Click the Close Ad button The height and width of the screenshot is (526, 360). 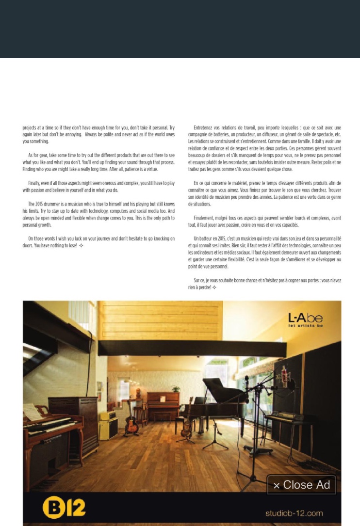tap(301, 485)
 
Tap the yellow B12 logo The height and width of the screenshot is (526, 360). tap(64, 508)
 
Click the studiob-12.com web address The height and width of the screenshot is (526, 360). tap(294, 513)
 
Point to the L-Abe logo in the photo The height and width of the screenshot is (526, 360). tap(305, 319)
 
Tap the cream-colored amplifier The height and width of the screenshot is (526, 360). tap(108, 425)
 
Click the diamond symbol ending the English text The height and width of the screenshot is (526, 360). tap(82, 246)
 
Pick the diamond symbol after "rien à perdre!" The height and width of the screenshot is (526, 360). tap(214, 287)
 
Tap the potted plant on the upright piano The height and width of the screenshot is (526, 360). tap(175, 389)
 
